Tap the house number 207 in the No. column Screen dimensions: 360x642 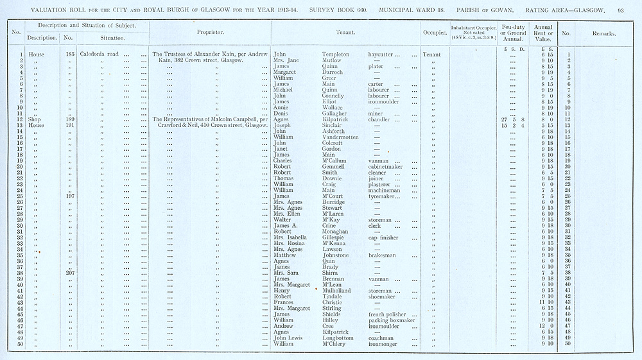click(x=71, y=273)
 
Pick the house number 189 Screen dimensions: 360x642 click(x=71, y=119)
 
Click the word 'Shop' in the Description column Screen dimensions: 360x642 click(x=36, y=119)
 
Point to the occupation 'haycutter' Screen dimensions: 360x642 click(x=385, y=55)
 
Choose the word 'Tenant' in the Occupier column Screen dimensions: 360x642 click(x=431, y=55)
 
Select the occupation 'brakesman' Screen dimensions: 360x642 click(x=385, y=255)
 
